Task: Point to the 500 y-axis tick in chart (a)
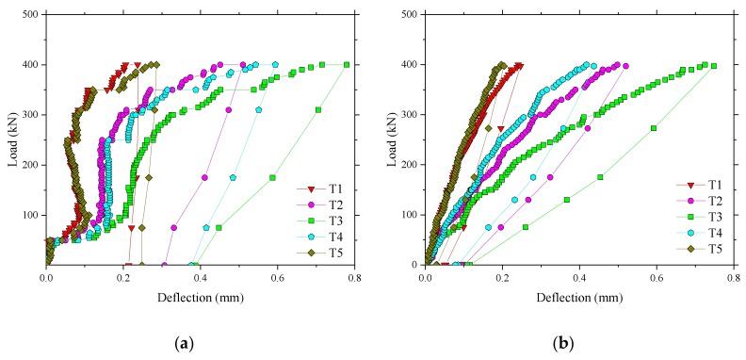pos(30,15)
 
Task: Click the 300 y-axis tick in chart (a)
pos(30,115)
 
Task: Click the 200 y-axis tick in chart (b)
pos(409,165)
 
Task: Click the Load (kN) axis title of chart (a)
pos(12,139)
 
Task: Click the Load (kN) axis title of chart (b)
pos(391,139)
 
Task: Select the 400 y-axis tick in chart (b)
pos(409,65)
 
